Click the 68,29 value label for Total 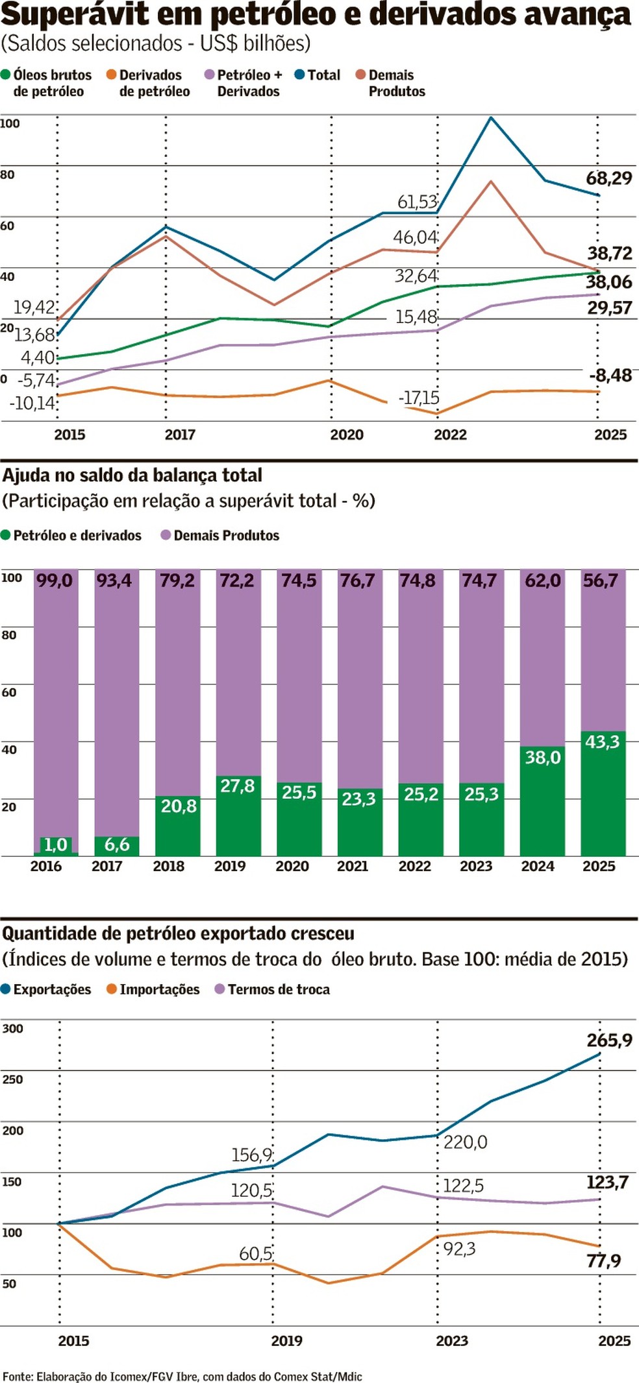click(x=608, y=178)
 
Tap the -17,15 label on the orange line click(x=419, y=398)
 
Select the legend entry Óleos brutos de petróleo click(x=47, y=83)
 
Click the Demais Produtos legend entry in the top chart click(x=392, y=83)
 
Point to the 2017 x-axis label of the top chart click(x=180, y=435)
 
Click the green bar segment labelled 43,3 click(x=603, y=793)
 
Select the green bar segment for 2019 click(x=238, y=816)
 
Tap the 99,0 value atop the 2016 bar click(x=55, y=580)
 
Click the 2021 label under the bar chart click(x=353, y=866)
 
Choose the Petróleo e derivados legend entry click(x=71, y=535)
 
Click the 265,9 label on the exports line click(x=609, y=1040)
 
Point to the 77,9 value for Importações click(x=603, y=1260)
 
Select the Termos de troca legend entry click(x=273, y=989)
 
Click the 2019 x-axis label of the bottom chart click(x=286, y=1340)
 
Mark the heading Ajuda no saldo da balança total click(x=132, y=475)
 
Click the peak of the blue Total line click(x=491, y=118)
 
